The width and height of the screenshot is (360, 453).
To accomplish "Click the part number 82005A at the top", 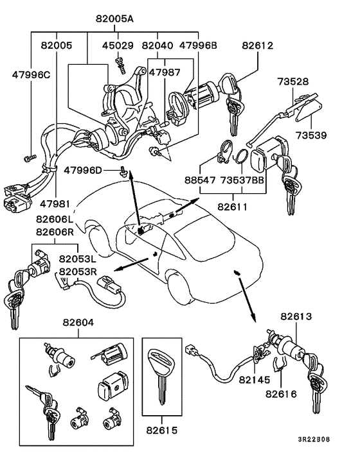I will pos(116,19).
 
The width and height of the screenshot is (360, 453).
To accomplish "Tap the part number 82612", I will pos(258,46).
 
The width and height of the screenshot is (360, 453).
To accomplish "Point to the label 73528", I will pos(311,81).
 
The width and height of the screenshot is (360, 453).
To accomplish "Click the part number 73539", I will pos(311,135).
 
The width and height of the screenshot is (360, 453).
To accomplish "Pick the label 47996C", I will pos(31,74).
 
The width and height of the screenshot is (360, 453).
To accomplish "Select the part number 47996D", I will pos(84,169).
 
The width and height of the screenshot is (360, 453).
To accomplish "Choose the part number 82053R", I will pos(78,271).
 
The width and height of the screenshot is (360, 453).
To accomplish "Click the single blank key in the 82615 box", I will pos(159,379).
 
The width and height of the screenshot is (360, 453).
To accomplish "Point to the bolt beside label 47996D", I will pos(122,170).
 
